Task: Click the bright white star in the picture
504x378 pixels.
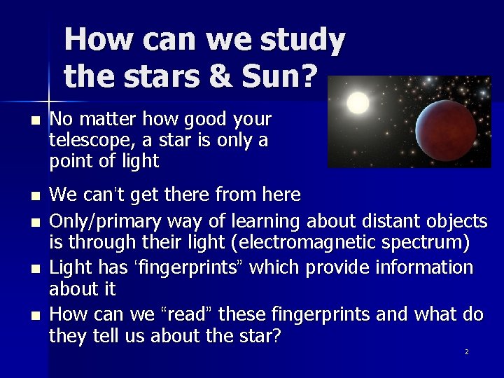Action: click(358, 104)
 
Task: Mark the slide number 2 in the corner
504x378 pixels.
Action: click(466, 351)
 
